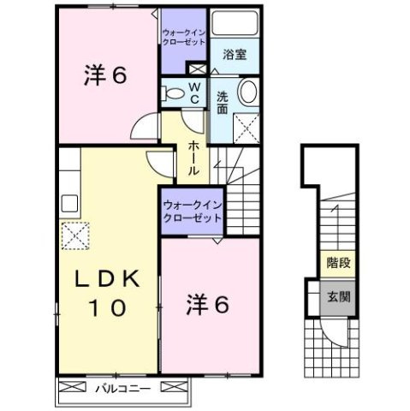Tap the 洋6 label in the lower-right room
(208, 306)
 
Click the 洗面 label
(222, 104)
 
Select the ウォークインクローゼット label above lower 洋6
(193, 211)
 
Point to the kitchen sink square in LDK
(69, 205)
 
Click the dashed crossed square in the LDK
(74, 235)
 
